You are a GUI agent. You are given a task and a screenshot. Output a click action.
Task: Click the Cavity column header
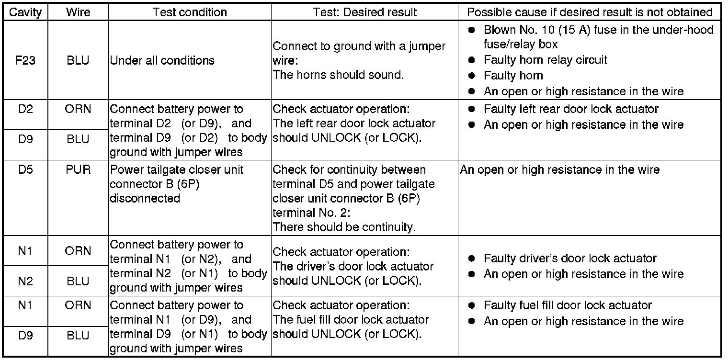(x=25, y=12)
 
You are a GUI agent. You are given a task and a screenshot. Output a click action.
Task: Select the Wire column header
(x=78, y=12)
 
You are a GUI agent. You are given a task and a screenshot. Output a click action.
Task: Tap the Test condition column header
(x=189, y=12)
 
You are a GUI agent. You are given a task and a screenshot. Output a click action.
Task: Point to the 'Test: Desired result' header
(x=364, y=12)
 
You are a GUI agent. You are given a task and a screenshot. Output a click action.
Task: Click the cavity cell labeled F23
(x=25, y=61)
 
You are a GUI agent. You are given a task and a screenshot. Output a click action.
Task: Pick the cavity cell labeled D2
(x=25, y=109)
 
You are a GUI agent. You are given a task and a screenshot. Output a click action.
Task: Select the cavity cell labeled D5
(x=25, y=170)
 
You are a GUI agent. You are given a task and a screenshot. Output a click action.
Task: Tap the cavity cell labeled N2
(x=25, y=281)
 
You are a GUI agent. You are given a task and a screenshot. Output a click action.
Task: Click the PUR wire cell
(x=78, y=170)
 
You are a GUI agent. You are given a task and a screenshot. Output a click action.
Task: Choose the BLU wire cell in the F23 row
(x=78, y=61)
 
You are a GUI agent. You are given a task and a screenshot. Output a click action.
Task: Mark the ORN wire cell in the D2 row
(x=78, y=109)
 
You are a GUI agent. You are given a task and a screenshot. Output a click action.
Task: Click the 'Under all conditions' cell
(x=162, y=61)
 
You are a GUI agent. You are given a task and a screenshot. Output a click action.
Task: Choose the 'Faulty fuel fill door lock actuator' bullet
(x=568, y=305)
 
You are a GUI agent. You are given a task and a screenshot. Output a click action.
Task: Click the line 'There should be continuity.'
(x=344, y=227)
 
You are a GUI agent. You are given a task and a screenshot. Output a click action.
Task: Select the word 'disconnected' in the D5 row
(x=145, y=198)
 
